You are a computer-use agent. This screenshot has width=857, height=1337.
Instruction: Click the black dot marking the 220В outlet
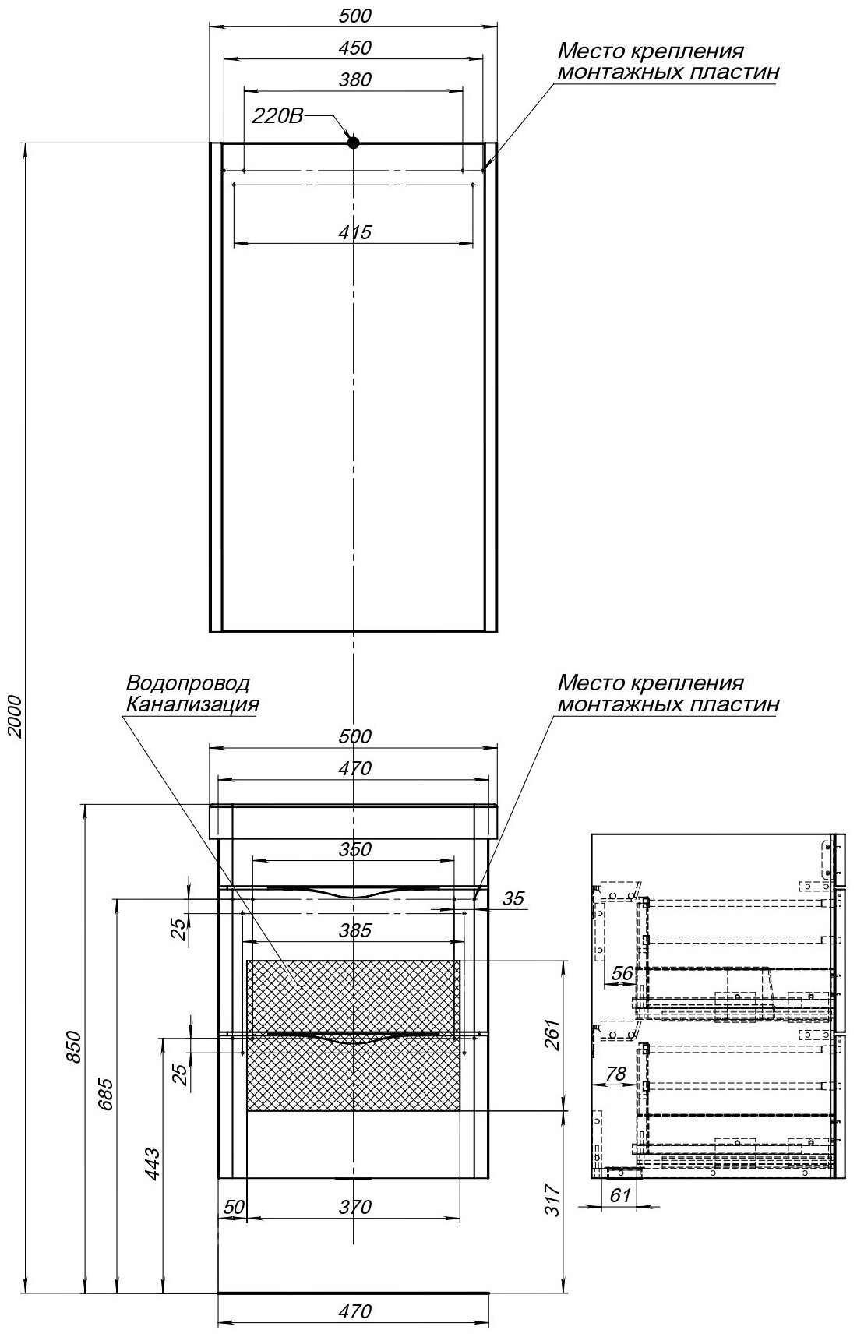coord(353,143)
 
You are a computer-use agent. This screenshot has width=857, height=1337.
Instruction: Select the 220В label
coord(277,117)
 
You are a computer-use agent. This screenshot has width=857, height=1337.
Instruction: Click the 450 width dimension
coord(354,48)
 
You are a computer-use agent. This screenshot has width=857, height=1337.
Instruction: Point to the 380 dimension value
coord(354,79)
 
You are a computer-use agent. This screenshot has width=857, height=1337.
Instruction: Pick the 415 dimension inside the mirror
coord(354,231)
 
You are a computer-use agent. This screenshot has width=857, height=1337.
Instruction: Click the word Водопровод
coord(188,683)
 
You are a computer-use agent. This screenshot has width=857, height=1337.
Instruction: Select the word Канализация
coord(192,705)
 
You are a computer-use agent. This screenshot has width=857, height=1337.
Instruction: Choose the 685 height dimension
coord(107,1093)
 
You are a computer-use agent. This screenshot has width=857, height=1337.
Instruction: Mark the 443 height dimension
coord(153,1162)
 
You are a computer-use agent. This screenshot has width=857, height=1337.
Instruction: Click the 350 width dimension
coord(354,849)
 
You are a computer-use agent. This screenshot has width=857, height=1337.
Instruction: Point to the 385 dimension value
coord(354,930)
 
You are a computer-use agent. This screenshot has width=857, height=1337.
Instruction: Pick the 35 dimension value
coord(513,899)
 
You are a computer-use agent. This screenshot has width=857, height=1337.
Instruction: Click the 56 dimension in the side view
coord(622,972)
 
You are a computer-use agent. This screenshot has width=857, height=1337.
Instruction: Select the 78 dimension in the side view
coord(615,1074)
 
